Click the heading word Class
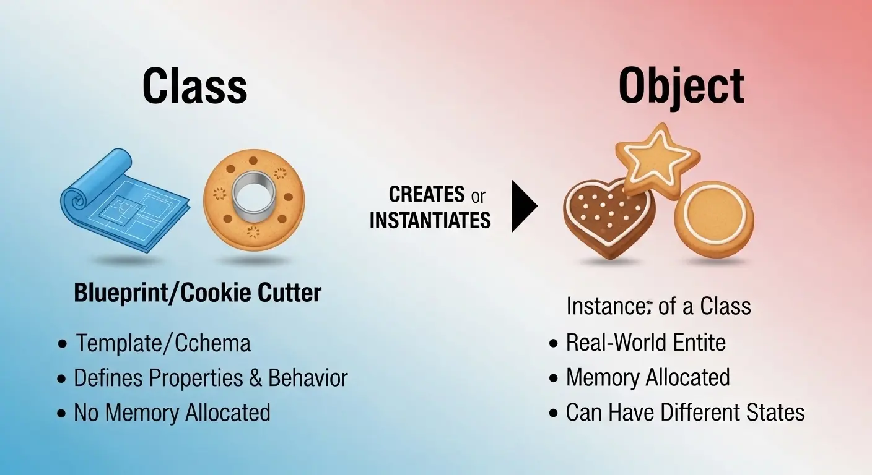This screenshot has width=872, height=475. pos(194,87)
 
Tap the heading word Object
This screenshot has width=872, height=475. pos(681,87)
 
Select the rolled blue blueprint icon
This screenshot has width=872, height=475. pos(123,200)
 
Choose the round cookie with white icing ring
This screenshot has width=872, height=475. pos(713,220)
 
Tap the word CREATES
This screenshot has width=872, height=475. pos(427,195)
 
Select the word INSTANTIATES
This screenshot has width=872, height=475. pos(430,220)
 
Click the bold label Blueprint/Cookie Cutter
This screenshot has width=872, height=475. pos(198,293)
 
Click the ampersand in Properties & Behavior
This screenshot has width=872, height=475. pos(255,378)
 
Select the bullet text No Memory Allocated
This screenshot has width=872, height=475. pos(172,413)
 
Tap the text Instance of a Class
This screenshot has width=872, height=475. pos(658,306)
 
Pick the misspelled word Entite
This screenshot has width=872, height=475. pos(694,342)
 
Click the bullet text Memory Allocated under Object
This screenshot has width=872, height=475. pos(648,377)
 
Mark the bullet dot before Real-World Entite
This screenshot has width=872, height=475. pos(553,343)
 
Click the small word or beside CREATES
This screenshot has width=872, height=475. pos(478,197)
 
